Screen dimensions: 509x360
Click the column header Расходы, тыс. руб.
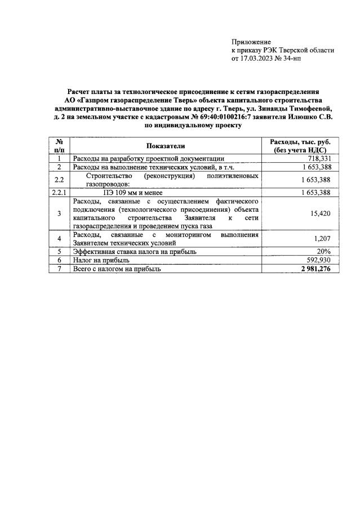[x=300, y=142]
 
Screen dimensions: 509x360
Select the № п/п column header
[x=59, y=146]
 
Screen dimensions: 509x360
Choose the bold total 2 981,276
[x=311, y=269]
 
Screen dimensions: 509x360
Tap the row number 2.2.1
[x=59, y=193]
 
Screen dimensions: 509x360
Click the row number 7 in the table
[x=59, y=269]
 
